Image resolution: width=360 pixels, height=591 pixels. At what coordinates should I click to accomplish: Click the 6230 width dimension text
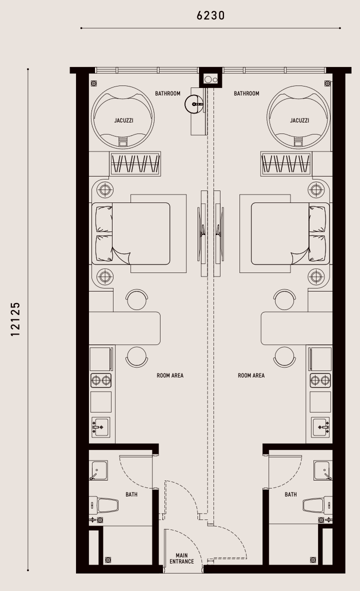point(210,15)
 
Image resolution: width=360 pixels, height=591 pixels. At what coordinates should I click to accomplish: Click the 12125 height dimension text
point(15,319)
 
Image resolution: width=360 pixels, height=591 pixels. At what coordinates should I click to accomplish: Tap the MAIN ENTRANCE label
point(181,558)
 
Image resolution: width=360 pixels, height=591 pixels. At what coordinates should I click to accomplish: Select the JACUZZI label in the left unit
point(123,120)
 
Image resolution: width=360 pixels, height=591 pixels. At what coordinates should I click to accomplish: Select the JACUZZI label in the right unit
point(299,120)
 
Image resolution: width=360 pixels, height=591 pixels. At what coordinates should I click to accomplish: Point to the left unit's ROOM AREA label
point(170,375)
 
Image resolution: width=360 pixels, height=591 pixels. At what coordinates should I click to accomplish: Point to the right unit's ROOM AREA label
point(251,375)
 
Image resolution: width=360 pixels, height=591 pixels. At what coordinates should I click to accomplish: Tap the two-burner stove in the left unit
point(101,380)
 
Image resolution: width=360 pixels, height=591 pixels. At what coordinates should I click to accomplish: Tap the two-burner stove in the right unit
point(320,380)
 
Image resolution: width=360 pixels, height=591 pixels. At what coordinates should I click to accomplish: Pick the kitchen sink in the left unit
point(100,427)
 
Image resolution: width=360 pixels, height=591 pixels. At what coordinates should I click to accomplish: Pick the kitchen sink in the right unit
point(321,427)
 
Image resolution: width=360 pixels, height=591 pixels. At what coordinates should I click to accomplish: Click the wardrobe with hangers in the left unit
point(135,163)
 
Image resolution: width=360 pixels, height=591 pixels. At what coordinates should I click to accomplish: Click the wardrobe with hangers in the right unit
point(286,163)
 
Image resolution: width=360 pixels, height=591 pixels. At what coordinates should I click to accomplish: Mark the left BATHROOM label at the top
point(167,93)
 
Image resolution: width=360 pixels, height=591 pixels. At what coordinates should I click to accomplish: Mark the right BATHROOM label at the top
point(246,93)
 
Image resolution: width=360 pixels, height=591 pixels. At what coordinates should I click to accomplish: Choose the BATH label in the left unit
point(131,494)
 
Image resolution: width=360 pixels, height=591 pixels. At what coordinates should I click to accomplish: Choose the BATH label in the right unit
point(290,494)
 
